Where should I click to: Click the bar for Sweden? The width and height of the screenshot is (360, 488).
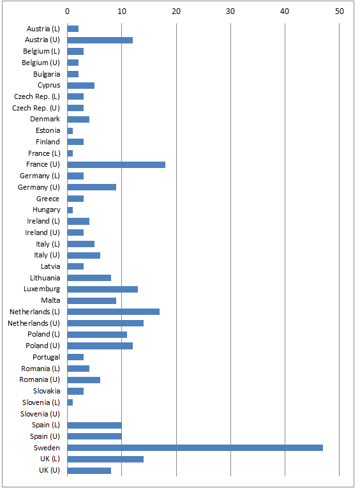coord(195,448)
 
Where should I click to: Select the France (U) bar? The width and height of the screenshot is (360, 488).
coord(116,164)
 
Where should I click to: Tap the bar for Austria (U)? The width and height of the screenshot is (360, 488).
coord(100,40)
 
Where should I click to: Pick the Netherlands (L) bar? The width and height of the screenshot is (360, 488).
coord(114,312)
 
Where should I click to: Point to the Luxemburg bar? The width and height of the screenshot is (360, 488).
coord(103,289)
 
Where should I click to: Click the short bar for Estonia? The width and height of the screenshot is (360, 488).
coord(70,130)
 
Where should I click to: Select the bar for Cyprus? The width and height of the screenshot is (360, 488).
coord(81,86)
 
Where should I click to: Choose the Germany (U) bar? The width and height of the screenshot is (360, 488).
coord(92,187)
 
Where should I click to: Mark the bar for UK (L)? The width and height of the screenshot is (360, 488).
coord(105,459)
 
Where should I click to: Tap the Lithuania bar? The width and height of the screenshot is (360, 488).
coord(89,278)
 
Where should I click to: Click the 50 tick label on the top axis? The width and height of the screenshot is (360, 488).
coord(339,11)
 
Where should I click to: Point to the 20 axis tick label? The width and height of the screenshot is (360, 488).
coord(176,11)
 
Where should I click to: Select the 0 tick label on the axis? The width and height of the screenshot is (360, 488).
coord(68,11)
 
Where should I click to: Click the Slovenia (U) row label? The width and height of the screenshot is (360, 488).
coord(40,414)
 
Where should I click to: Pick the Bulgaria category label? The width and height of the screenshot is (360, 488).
coord(47,74)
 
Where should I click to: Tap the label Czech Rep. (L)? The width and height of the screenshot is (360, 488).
coord(36,96)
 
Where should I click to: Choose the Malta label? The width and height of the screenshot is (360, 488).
coord(50,300)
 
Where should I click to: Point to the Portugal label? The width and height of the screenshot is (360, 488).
coord(47,357)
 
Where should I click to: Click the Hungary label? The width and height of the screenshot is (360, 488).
coord(47,210)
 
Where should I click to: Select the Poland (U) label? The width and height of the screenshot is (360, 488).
coord(43,346)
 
